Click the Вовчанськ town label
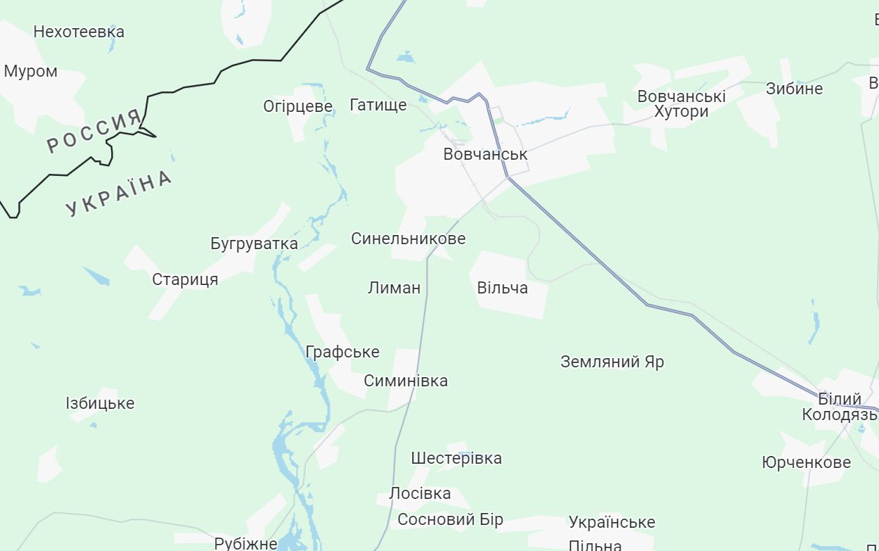coord(485,154)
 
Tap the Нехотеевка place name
coord(79,32)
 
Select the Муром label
coord(31,72)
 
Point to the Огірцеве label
coord(297,106)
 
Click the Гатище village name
coord(378,106)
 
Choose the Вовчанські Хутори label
coord(681,103)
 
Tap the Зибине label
coord(794,89)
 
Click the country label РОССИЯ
coord(95,132)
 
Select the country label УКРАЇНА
coord(119,193)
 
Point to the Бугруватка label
coord(254,243)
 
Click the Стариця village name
coord(185,279)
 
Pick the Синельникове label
coord(408,239)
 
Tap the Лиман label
coord(394,287)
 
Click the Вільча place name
coord(502,288)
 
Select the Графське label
coord(342,352)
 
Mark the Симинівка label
coord(406,381)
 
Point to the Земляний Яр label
coord(612,362)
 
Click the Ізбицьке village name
coord(100,403)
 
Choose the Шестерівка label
coord(456,458)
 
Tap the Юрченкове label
coord(806,462)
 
